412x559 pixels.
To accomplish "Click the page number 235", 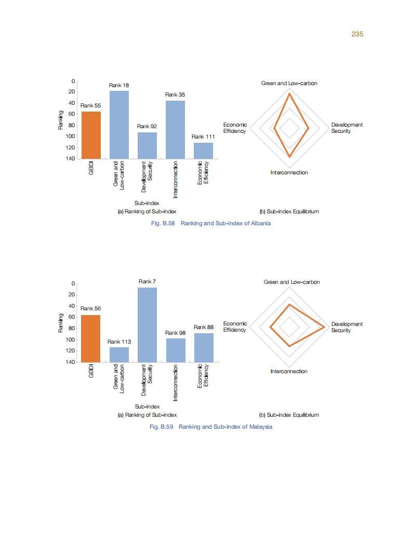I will [x=357, y=34].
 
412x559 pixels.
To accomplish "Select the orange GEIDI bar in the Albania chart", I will [x=91, y=135].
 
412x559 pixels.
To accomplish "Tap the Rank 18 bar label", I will [x=119, y=85].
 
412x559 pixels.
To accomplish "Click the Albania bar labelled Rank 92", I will [x=147, y=145].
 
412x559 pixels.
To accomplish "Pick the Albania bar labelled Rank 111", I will [x=203, y=151].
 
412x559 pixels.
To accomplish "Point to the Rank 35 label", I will [x=175, y=95].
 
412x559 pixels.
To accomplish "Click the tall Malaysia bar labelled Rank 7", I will [x=147, y=324].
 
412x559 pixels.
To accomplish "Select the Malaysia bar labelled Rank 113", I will [x=119, y=355].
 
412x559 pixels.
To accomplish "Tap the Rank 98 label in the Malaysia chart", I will [x=175, y=333].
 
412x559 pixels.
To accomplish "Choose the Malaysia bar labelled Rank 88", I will [x=204, y=347].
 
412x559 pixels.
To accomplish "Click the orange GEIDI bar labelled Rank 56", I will [x=91, y=338].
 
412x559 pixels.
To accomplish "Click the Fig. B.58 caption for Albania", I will [x=210, y=223].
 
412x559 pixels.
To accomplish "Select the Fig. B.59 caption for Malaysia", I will [x=210, y=427].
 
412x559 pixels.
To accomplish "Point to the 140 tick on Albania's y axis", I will [x=69, y=158].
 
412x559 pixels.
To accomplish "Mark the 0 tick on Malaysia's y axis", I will [x=73, y=284].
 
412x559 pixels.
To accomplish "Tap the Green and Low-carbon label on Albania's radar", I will [x=289, y=83].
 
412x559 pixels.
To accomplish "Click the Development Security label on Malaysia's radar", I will [x=347, y=327].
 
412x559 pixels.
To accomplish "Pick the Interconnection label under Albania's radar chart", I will [x=289, y=172].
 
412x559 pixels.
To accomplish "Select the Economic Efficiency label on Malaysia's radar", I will [x=235, y=326].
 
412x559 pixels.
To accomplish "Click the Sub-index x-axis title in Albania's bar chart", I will [x=147, y=203].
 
